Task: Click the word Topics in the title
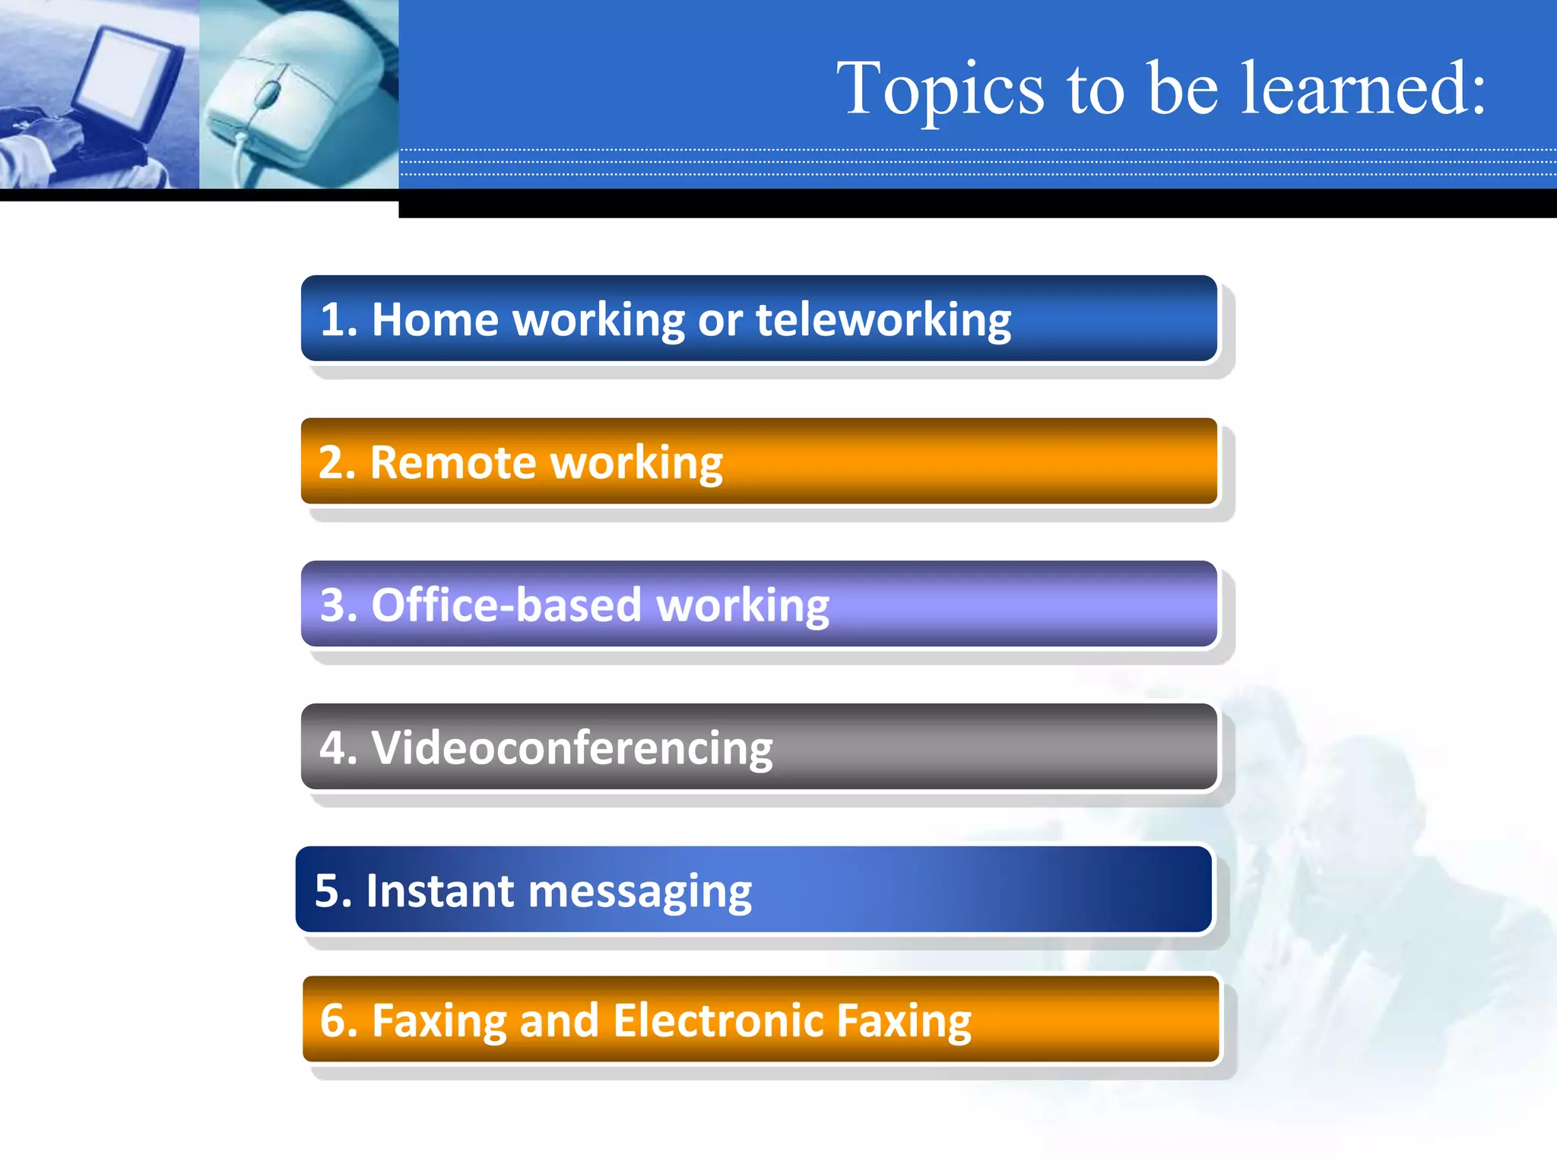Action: click(940, 90)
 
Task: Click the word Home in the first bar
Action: click(435, 319)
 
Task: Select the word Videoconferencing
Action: click(572, 748)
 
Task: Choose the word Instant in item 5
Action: click(440, 890)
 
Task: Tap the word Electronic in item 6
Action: click(718, 1020)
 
